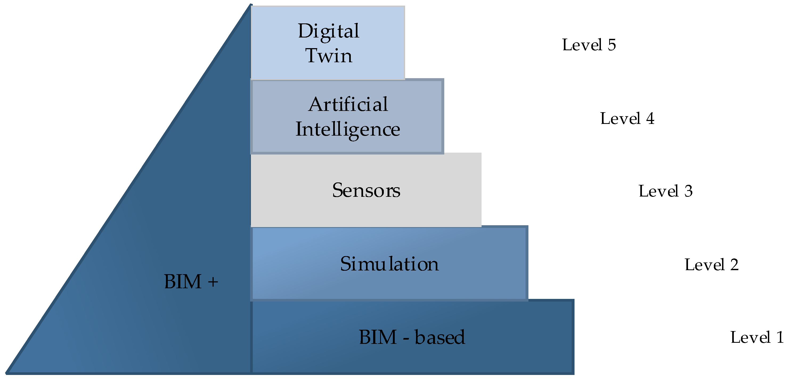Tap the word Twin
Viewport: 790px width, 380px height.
point(328,56)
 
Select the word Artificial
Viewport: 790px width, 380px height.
point(348,105)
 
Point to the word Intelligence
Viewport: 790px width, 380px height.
point(348,130)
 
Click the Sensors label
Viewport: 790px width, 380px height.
point(366,190)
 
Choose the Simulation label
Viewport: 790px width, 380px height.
point(389,264)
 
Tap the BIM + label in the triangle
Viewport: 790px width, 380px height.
point(191,282)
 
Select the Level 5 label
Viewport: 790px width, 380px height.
point(589,45)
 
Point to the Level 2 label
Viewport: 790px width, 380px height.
point(711,265)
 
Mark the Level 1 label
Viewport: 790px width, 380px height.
point(756,337)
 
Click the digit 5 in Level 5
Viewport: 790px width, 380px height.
point(612,45)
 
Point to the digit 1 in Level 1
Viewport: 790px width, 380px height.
point(780,337)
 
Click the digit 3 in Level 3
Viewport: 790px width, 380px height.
point(688,191)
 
